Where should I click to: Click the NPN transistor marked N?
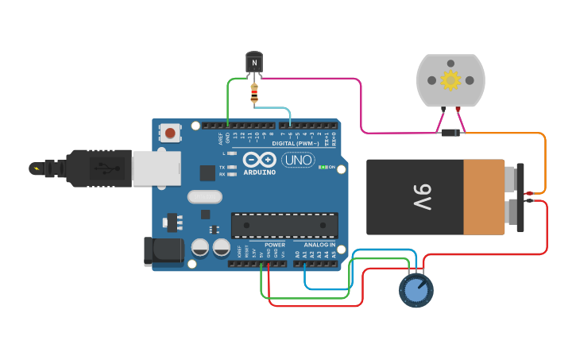pos(254,61)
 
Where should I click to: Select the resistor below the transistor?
pos(254,94)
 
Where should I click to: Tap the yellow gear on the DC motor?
pos(450,80)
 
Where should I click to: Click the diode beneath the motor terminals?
pos(450,133)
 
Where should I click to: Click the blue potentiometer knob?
pos(416,291)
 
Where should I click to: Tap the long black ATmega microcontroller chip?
pos(284,225)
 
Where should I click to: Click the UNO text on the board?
pos(298,160)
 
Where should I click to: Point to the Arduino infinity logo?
pos(260,159)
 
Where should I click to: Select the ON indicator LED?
pos(324,168)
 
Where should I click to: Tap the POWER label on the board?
pos(275,245)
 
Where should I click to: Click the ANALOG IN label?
pos(319,245)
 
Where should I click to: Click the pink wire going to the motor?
pos(361,103)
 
